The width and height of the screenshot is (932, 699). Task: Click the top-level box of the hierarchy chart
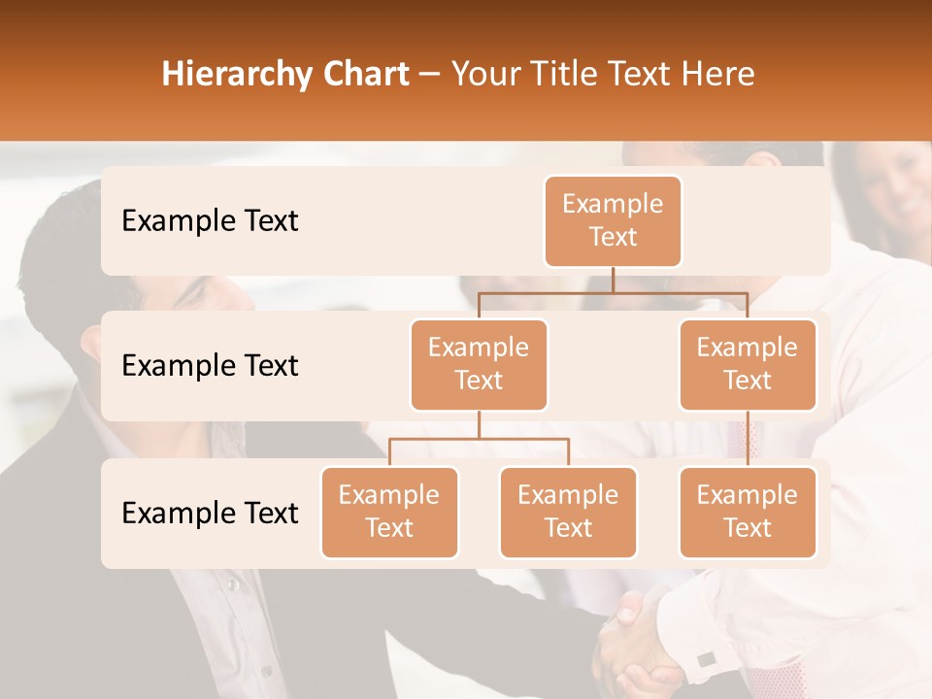613,221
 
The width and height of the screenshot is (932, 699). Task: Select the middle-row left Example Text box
479,364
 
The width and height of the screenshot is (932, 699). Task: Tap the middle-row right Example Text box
748,364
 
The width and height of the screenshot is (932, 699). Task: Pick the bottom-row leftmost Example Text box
389,512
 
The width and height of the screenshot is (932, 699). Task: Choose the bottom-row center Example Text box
568,512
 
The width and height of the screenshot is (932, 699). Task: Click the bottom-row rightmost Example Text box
748,512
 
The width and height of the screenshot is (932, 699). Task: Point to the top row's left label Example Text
210,221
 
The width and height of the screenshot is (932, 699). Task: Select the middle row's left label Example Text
210,366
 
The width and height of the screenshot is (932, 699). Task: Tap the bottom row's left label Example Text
210,513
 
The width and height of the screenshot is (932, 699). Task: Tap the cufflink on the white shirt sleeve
706,659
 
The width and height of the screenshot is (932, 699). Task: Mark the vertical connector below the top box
613,280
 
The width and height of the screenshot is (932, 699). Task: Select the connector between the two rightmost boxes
748,439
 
